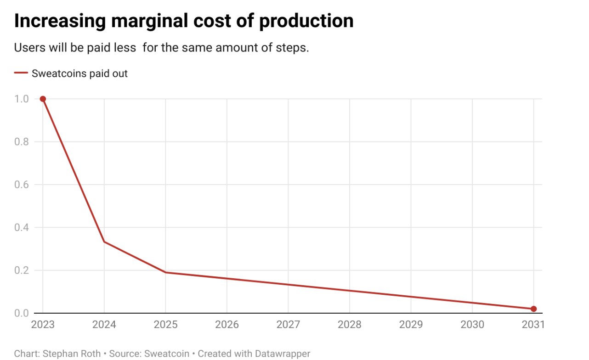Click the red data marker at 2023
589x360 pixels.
[43, 99]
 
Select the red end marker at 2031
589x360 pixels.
[533, 309]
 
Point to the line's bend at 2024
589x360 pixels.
[104, 242]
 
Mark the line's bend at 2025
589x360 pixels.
[165, 272]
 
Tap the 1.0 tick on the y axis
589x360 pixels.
[22, 99]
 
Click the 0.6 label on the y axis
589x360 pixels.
[22, 185]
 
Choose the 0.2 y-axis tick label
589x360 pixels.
[22, 270]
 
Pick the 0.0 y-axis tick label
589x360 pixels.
[22, 313]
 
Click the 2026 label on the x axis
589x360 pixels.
[227, 325]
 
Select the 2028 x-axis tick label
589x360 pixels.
[350, 325]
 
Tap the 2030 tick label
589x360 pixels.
[472, 325]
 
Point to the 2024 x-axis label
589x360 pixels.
[104, 325]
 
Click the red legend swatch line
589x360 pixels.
[21, 73]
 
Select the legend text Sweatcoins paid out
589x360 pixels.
[79, 73]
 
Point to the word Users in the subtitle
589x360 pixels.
[27, 48]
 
